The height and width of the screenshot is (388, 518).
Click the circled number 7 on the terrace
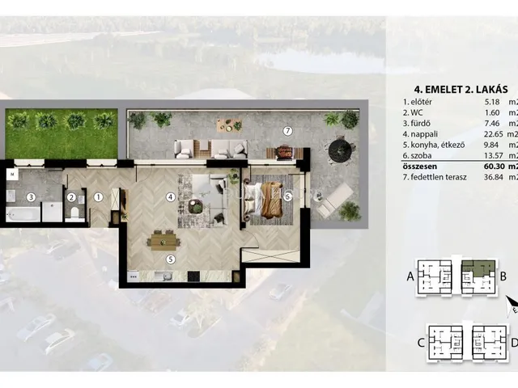click(288, 131)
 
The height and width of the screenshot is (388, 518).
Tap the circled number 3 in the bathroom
click(31, 197)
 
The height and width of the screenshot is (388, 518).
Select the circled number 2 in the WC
click(71, 197)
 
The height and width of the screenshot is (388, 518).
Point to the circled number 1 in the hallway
click(98, 197)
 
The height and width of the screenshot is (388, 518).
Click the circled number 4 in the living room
click(171, 197)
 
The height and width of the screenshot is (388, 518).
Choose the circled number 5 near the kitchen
click(171, 259)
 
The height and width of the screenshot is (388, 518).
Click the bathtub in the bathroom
click(23, 214)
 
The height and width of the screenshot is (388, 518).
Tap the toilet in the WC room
click(75, 213)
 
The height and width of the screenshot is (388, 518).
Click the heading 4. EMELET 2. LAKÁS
click(461, 90)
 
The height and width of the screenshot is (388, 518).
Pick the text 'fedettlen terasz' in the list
click(439, 177)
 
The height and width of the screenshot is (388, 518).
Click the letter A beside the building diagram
click(410, 276)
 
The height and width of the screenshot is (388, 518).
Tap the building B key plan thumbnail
click(478, 277)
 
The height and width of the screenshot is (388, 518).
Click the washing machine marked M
click(12, 175)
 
